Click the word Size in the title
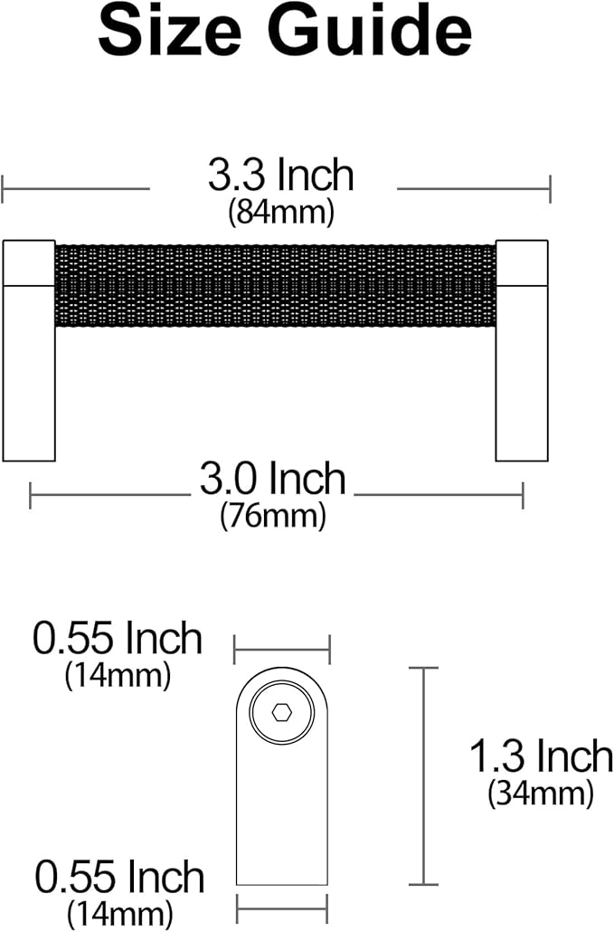[168, 33]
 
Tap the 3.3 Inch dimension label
[280, 176]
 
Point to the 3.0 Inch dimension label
[273, 480]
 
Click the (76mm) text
[273, 517]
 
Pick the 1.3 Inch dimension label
[541, 756]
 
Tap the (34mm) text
[541, 793]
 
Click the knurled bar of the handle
[275, 285]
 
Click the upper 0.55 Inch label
[118, 640]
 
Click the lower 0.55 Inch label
[120, 878]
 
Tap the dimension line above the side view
[282, 649]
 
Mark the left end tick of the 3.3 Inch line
[4, 189]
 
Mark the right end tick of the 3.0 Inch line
[523, 495]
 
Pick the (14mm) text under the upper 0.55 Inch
[118, 675]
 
